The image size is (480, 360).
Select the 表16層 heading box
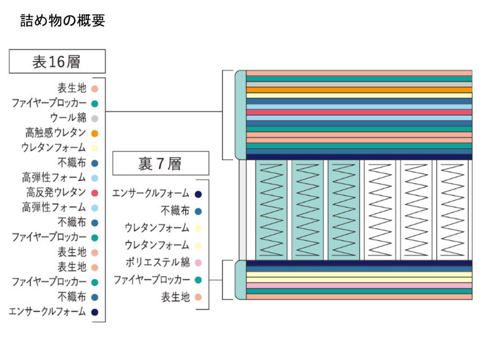click(x=57, y=61)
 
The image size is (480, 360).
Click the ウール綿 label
click(x=68, y=118)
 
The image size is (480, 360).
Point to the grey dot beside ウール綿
click(x=95, y=118)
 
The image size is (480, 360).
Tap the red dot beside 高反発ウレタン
click(x=95, y=193)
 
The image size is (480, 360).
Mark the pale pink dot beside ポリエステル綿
click(x=198, y=262)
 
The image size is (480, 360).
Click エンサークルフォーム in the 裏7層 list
click(x=151, y=193)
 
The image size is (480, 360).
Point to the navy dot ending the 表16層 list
click(x=95, y=311)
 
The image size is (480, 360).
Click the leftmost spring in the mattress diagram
click(x=272, y=209)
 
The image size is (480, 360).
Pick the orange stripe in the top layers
click(x=359, y=91)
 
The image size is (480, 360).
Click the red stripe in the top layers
click(x=359, y=112)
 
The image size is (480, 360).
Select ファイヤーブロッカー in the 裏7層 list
click(x=151, y=280)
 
